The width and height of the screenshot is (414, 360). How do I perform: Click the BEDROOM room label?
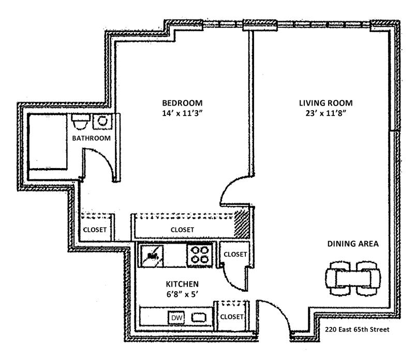coord(181,102)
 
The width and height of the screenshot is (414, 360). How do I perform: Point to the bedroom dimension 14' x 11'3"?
coord(181,113)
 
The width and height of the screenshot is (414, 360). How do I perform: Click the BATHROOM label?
coord(91,138)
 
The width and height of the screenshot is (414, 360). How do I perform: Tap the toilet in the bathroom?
coord(79,122)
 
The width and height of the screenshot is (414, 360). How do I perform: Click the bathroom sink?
coord(101,122)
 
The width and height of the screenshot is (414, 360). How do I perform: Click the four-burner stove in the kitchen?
coord(199,254)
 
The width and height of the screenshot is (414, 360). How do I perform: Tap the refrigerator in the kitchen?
coord(152,254)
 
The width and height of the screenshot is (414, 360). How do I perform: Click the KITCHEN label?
coord(182,284)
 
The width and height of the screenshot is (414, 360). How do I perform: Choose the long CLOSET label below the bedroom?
coord(182,230)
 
